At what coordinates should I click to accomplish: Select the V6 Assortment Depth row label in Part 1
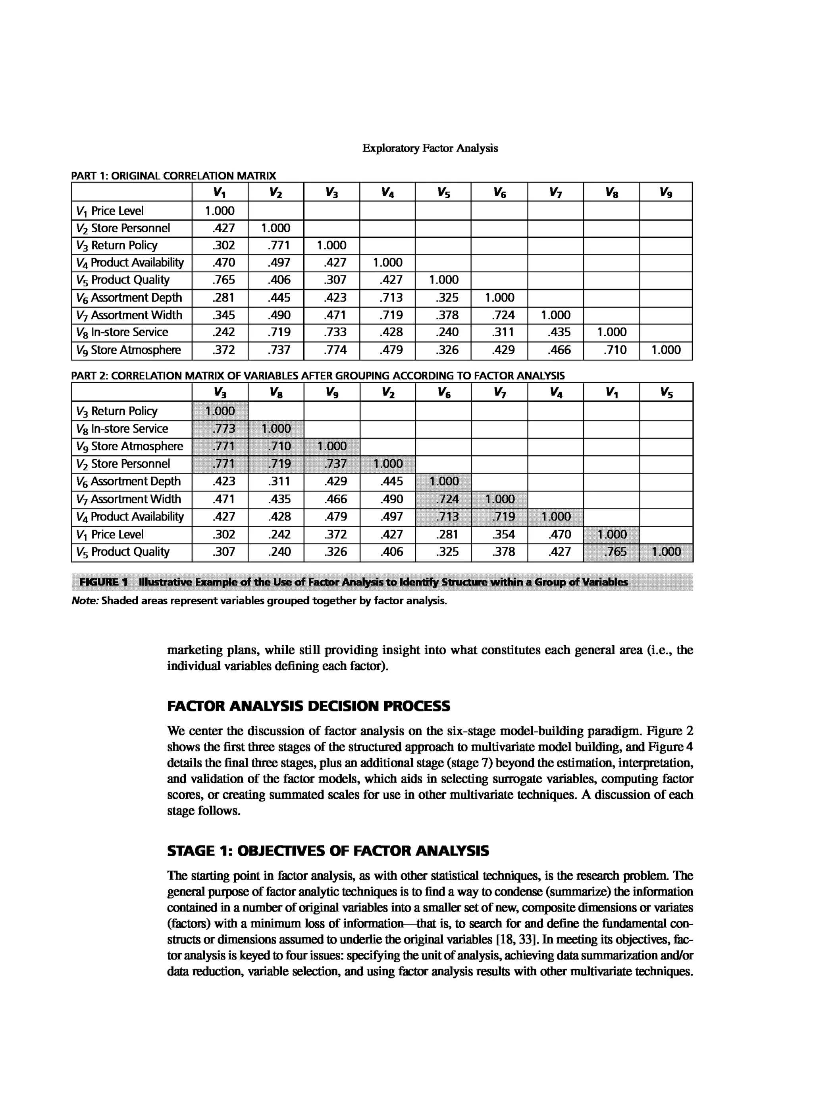coord(129,297)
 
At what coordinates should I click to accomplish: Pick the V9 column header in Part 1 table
coord(665,192)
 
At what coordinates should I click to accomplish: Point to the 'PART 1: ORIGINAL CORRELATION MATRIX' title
coord(174,176)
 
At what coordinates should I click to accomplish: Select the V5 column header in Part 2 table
coord(665,392)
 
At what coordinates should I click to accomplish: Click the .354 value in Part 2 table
coord(503,534)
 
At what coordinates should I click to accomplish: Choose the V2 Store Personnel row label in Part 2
coord(123,464)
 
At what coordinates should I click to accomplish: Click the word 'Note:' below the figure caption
coord(85,601)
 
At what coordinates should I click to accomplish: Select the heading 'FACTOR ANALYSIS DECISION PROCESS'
coord(308,706)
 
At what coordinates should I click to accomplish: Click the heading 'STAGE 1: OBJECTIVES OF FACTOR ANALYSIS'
coord(328,851)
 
